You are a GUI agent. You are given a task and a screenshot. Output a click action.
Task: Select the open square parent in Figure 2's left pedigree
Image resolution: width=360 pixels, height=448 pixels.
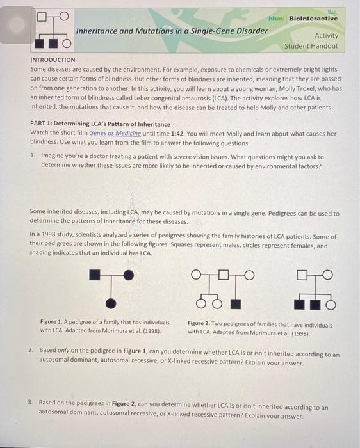tap(224, 275)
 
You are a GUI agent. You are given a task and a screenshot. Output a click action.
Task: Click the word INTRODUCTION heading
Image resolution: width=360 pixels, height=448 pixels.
tap(53, 60)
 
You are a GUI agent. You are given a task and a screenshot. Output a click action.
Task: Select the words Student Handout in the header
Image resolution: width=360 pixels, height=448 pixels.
tap(311, 46)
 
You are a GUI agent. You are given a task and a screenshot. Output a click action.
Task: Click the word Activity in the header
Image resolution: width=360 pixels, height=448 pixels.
tap(326, 36)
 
